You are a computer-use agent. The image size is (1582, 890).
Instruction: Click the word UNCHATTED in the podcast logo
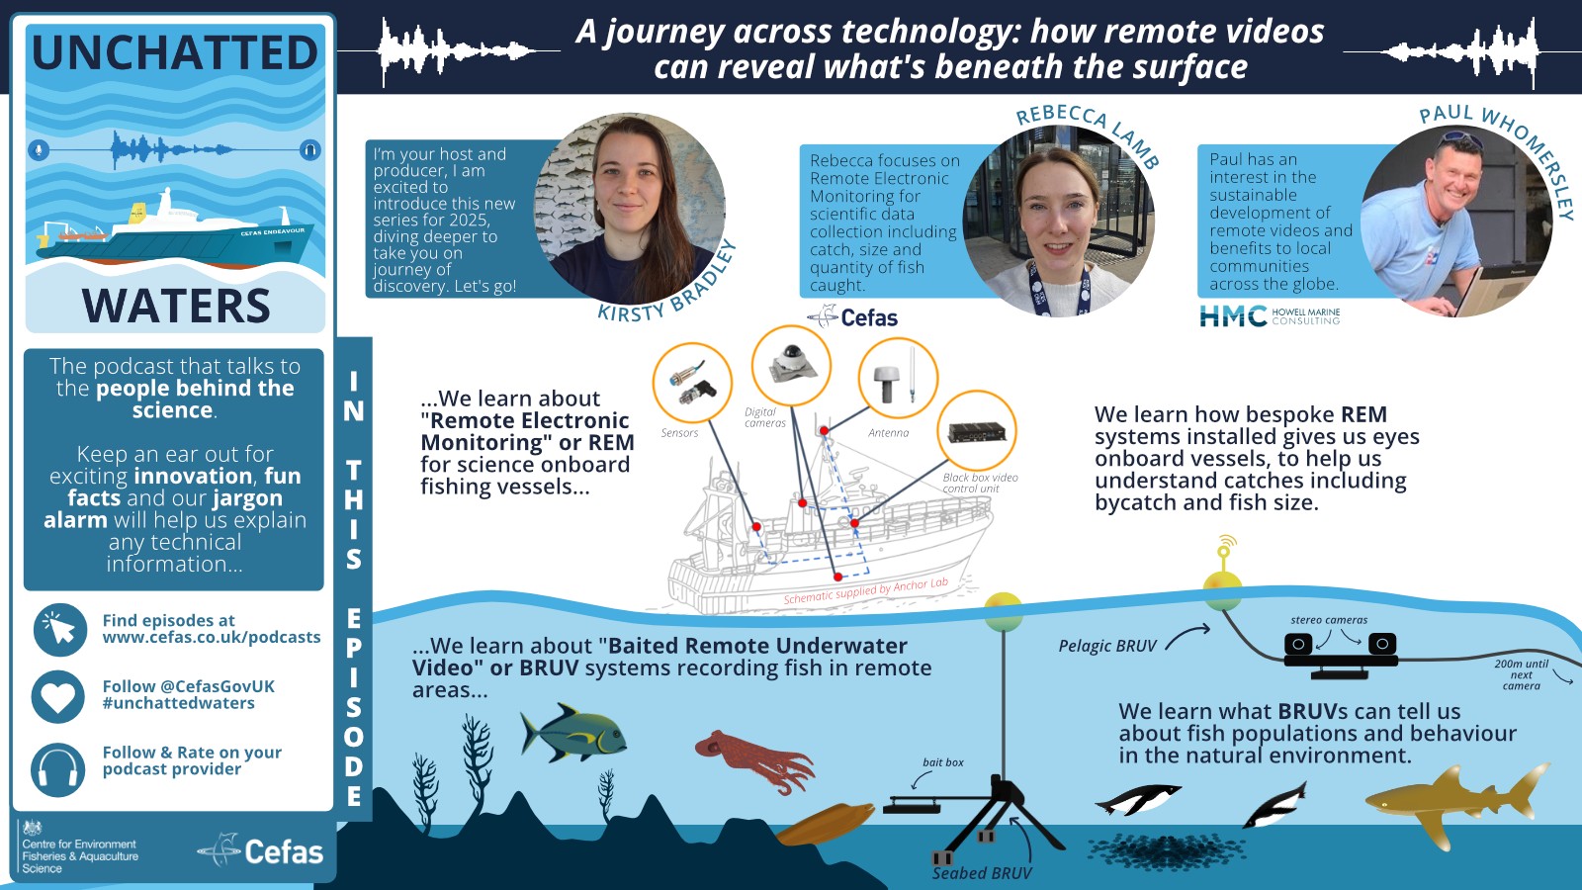pyautogui.click(x=175, y=53)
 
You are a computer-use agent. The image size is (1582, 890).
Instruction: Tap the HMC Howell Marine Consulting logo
pyautogui.click(x=1270, y=315)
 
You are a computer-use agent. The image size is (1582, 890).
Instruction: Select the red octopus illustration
pyautogui.click(x=754, y=761)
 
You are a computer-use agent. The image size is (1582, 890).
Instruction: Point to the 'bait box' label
pyautogui.click(x=943, y=762)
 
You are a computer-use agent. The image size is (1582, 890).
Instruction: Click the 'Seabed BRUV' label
pyautogui.click(x=982, y=873)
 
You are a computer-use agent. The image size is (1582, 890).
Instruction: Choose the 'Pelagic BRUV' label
pyautogui.click(x=1107, y=646)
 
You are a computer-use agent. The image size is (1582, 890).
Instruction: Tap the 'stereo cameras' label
pyautogui.click(x=1329, y=619)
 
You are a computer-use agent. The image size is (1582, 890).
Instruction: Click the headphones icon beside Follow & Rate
pyautogui.click(x=58, y=769)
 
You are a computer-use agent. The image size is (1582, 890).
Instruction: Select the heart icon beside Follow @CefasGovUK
pyautogui.click(x=58, y=696)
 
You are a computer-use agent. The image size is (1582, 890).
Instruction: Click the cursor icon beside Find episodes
pyautogui.click(x=60, y=629)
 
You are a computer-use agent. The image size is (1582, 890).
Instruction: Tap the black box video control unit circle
pyautogui.click(x=977, y=431)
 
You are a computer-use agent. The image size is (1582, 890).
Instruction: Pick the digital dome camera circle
pyautogui.click(x=791, y=366)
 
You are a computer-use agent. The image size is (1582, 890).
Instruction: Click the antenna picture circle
pyautogui.click(x=898, y=379)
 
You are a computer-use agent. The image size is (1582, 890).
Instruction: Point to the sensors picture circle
pyautogui.click(x=692, y=383)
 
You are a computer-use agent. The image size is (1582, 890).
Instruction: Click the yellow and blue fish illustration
pyautogui.click(x=572, y=733)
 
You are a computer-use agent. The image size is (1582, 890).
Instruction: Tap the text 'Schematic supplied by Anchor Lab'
pyautogui.click(x=866, y=590)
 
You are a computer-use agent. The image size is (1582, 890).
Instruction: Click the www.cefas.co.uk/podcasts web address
pyautogui.click(x=212, y=637)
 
